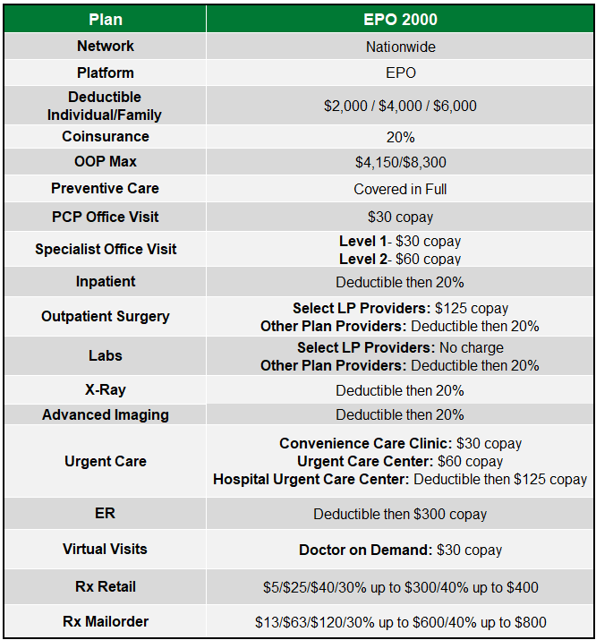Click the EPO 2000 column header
400,19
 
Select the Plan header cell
106,19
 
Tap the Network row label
106,47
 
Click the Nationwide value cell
400,47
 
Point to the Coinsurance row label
106,137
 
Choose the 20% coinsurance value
400,137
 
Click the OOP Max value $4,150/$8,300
400,163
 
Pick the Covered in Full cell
400,189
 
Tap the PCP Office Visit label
106,218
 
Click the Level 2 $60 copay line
400,259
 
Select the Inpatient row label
106,282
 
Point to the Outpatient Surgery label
106,317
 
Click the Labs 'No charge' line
400,347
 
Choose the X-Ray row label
106,390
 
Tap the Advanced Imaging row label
106,415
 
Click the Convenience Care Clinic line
400,444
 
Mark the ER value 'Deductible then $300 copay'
400,515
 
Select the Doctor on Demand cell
400,550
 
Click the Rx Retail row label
106,587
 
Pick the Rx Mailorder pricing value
400,622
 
